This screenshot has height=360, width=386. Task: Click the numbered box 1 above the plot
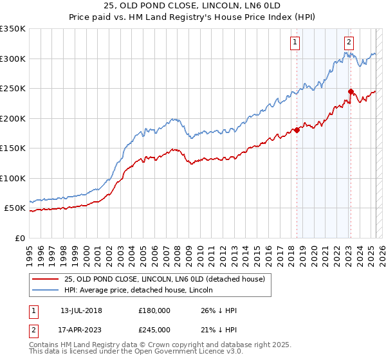pos(295,42)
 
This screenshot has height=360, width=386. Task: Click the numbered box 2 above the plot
pos(349,42)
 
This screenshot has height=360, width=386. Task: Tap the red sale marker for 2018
pos(297,130)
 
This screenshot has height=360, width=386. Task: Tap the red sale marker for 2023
pos(351,91)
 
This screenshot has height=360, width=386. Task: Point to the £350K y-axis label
pos(13,29)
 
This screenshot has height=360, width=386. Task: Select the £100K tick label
pos(13,178)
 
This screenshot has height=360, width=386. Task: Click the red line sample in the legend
pos(44,278)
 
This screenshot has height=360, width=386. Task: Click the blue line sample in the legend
pos(44,291)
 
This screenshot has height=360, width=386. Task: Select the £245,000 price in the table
pos(154,330)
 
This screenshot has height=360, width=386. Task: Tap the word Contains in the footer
pos(45,345)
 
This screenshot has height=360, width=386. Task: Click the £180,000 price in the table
pos(154,310)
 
